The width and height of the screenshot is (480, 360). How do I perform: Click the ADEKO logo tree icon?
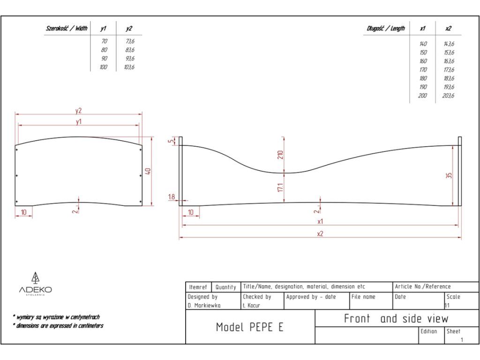pos(35,277)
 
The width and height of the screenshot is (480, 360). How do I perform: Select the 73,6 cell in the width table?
pos(130,41)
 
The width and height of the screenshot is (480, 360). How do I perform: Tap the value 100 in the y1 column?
pos(104,67)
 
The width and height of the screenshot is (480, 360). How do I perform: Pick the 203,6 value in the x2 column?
pos(449,96)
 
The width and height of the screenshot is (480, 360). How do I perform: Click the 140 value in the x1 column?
pos(423,44)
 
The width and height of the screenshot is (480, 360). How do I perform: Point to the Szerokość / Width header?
pos(66,29)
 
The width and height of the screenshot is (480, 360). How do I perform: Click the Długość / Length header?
pos(385,29)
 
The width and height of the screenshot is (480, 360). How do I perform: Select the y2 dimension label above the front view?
pos(78,111)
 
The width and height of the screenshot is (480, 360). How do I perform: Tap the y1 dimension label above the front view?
pos(78,121)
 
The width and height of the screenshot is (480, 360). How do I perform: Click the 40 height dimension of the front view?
pos(148,171)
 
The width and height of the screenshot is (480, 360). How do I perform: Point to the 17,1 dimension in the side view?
pos(281,187)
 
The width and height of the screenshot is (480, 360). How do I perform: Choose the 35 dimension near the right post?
pos(449,176)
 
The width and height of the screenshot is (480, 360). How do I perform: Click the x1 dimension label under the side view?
pos(320,221)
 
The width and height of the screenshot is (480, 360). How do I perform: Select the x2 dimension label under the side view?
pos(320,233)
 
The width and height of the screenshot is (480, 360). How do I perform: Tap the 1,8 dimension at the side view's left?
pos(172,197)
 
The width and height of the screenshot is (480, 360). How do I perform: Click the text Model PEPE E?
pos(249,327)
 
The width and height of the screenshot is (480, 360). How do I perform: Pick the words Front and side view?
pos(396,319)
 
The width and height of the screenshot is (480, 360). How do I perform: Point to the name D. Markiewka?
pos(204,305)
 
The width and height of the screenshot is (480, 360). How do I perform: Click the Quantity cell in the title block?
pos(225,287)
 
